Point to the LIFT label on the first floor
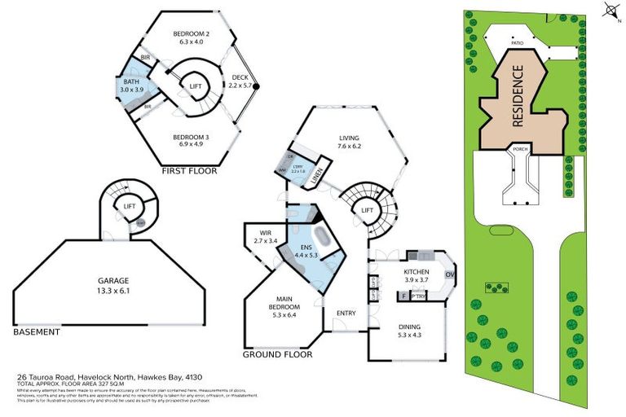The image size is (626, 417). pos(196,86)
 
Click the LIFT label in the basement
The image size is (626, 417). pos(129,207)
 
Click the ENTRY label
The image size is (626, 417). pos(346,313)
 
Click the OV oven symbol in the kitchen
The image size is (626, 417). pos(449,274)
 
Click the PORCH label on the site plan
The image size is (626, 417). pos(518,151)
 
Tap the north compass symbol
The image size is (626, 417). pos(610,11)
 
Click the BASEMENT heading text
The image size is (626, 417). pos(37,332)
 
